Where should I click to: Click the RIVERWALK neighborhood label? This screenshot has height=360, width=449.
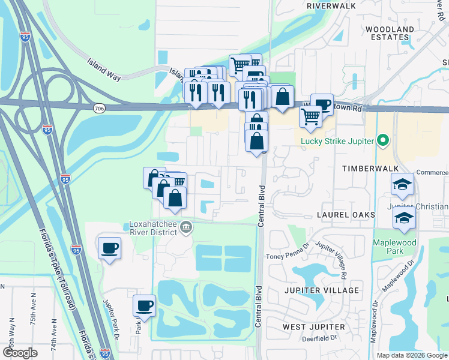point(331,5)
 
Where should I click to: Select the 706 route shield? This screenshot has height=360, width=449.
point(100,107)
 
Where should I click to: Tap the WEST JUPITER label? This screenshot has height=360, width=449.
point(314,327)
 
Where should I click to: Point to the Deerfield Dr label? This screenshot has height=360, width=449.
point(317,338)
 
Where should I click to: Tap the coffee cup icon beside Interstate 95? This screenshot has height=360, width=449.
point(109,248)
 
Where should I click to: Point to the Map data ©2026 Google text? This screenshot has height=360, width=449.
point(411,355)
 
